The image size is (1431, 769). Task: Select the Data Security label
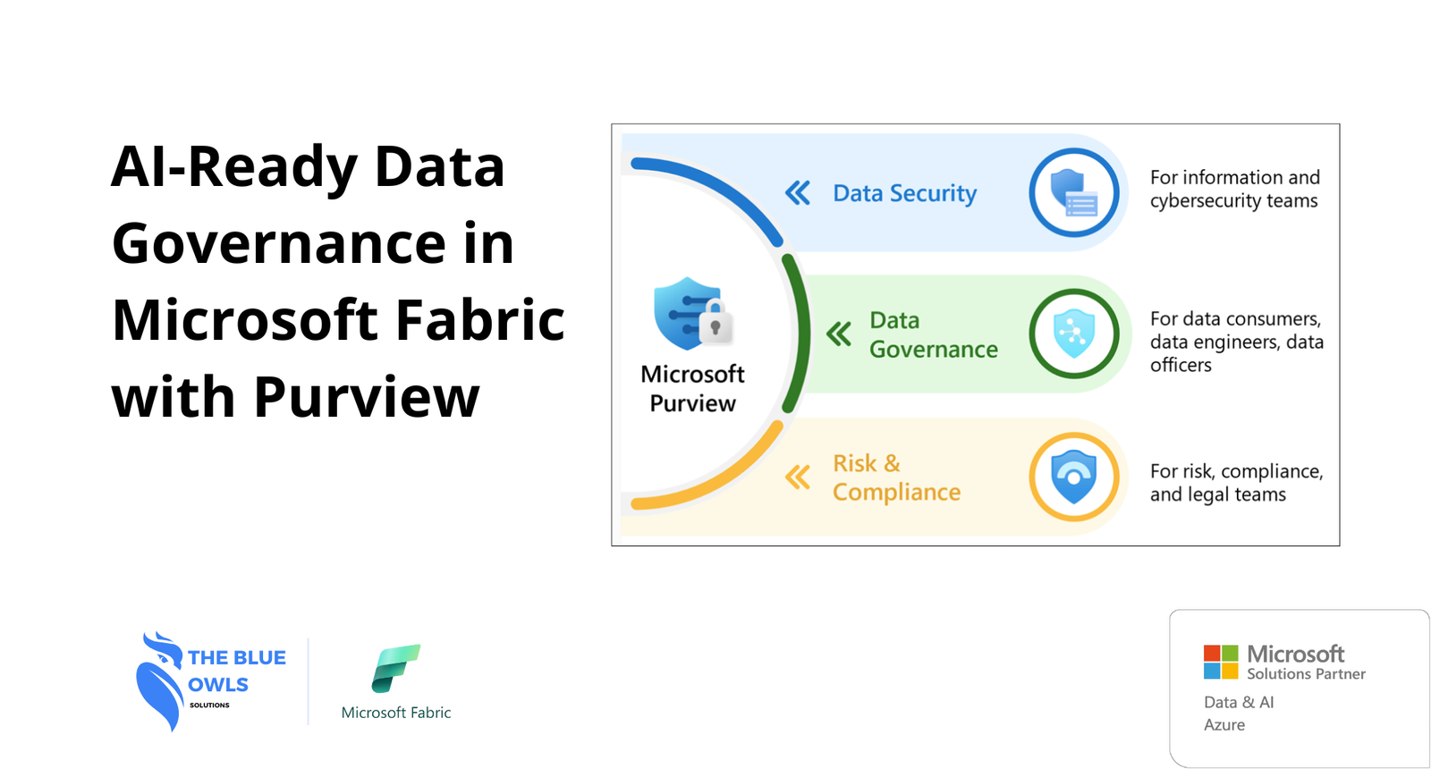(x=904, y=193)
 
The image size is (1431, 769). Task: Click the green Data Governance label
(x=934, y=334)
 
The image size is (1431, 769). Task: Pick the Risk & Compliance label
(x=896, y=477)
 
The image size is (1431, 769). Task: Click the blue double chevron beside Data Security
(x=798, y=193)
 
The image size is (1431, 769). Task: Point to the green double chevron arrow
(x=839, y=334)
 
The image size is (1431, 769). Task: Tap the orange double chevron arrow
(x=798, y=477)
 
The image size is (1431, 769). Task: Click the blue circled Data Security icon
(x=1074, y=193)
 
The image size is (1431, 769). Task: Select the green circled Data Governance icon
(x=1074, y=334)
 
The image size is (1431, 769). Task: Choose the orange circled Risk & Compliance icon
(x=1074, y=477)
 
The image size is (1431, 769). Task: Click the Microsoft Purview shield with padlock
(x=693, y=314)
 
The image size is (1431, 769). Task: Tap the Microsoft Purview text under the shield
(x=692, y=389)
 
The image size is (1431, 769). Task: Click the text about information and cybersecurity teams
(x=1235, y=189)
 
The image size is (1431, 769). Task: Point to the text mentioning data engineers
(x=1237, y=342)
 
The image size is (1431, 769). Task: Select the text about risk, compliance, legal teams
(x=1237, y=483)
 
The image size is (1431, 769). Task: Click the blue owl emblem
(x=160, y=680)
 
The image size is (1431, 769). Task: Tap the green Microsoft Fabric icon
(x=396, y=668)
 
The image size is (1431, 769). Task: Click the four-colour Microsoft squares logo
(x=1221, y=662)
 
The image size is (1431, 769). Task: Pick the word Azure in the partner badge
(x=1224, y=725)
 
